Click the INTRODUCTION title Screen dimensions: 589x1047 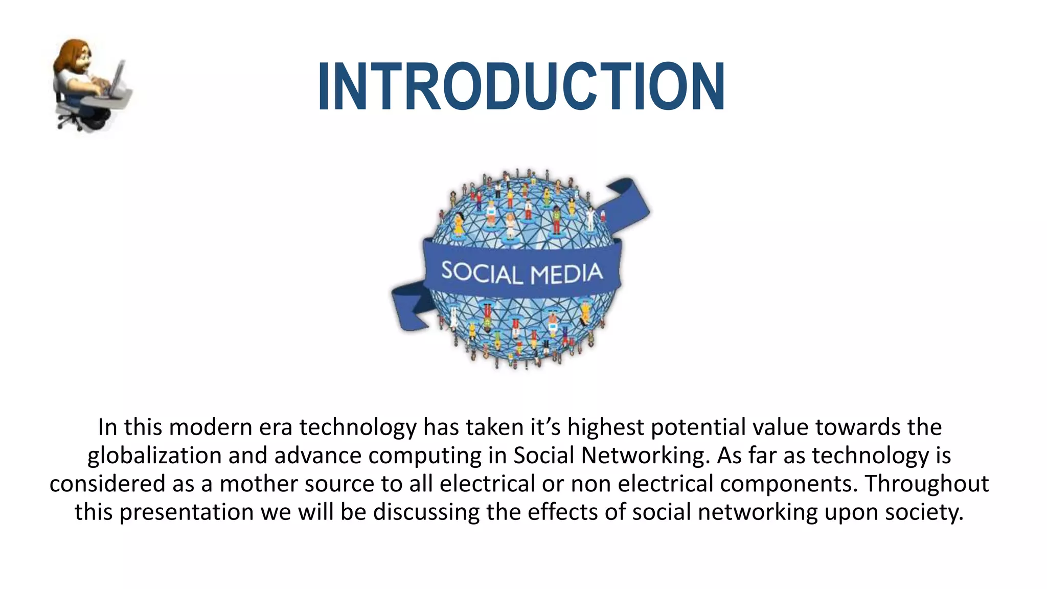tap(520, 86)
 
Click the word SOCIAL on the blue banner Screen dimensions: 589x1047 tap(482, 273)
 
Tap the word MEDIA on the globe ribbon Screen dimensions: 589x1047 tap(566, 274)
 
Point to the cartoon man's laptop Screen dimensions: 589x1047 tap(117, 79)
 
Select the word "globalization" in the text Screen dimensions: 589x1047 tap(154, 456)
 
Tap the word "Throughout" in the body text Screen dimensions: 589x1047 tap(926, 484)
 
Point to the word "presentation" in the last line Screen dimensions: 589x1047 tap(186, 512)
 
